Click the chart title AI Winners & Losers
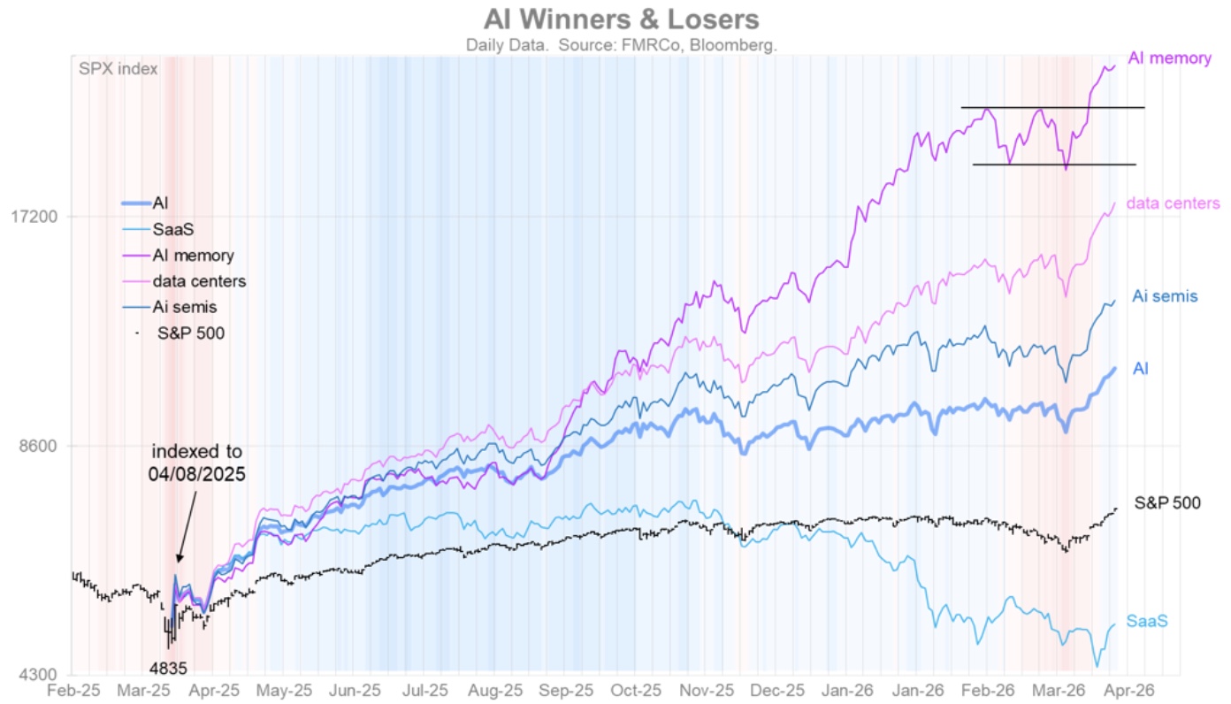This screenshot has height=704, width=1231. [621, 19]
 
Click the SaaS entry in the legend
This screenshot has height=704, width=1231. [167, 229]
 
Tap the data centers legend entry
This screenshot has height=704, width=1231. [199, 281]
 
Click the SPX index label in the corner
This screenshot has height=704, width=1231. [119, 68]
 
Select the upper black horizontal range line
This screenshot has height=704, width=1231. [1052, 108]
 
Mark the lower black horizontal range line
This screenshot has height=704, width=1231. [1052, 165]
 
